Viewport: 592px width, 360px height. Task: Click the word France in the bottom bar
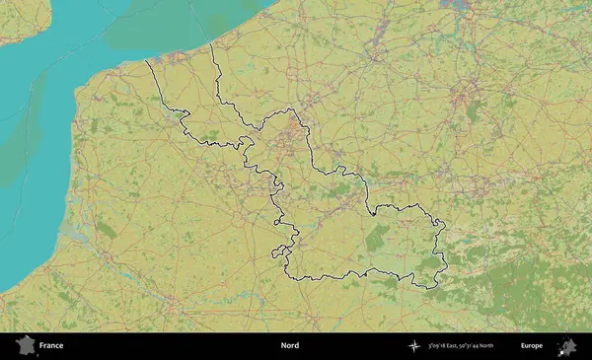tap(51, 346)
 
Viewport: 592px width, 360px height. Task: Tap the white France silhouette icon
tap(23, 346)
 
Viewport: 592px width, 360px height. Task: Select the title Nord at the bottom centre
tap(289, 346)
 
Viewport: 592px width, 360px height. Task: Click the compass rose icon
tap(413, 346)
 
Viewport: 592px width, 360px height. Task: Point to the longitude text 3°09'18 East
tap(448, 346)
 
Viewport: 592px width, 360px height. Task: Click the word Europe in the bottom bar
tap(532, 346)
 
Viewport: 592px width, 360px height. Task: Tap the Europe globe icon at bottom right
tap(567, 346)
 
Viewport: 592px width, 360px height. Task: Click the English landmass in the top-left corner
tap(25, 20)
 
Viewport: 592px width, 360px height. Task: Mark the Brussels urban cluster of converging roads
tap(462, 97)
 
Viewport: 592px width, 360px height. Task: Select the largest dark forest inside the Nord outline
tap(378, 237)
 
